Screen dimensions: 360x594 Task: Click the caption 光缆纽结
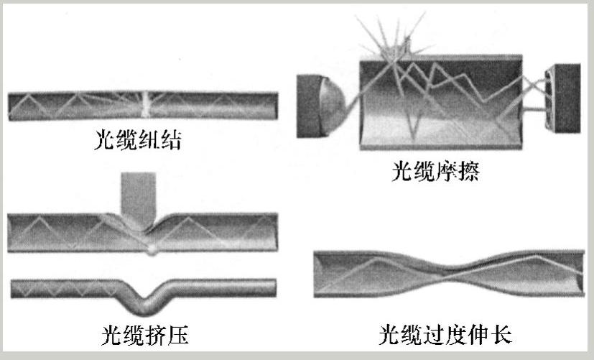tap(136, 139)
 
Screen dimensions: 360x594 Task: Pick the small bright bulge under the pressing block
tap(152, 249)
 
